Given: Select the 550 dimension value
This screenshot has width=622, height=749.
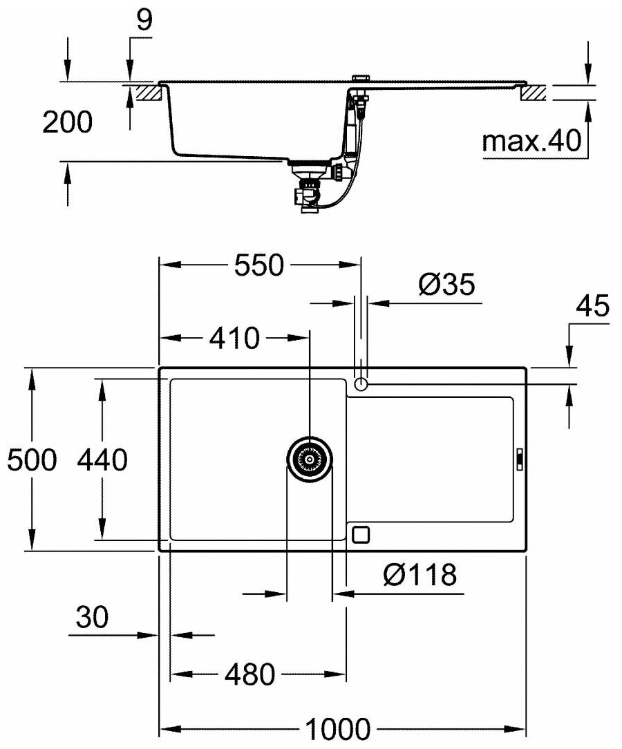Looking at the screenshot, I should (259, 265).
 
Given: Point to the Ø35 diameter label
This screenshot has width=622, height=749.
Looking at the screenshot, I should (446, 285).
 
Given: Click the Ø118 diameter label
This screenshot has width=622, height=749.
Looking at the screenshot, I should (419, 574).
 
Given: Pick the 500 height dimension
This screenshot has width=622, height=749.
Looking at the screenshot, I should (30, 459).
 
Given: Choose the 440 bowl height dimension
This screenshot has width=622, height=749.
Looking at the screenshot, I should (102, 459).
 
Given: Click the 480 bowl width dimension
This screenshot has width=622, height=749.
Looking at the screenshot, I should (249, 674).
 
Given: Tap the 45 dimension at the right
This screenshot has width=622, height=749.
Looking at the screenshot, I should (594, 306).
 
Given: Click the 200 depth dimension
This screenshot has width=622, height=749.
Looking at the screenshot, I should (67, 122).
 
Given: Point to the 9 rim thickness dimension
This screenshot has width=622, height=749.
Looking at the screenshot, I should (144, 21).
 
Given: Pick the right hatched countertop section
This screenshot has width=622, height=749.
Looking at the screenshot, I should (534, 92).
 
